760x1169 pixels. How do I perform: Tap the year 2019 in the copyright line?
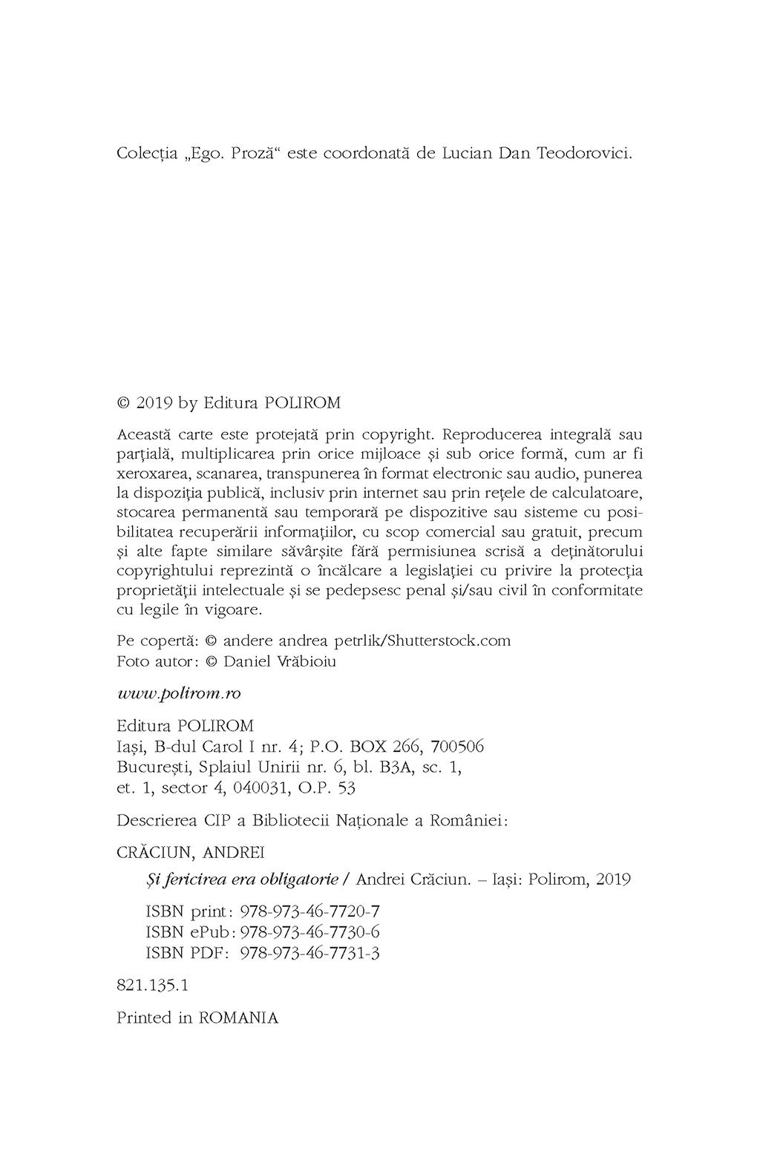pos(154,403)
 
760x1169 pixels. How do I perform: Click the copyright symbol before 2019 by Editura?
pos(124,403)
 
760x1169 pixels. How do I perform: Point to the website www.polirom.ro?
pos(179,692)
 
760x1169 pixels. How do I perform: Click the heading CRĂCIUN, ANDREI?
pos(191,852)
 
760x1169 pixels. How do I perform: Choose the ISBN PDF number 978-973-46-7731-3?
pos(310,953)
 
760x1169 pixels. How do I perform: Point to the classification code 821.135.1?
pos(153,986)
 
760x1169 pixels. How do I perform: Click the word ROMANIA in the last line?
pos(238,1018)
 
